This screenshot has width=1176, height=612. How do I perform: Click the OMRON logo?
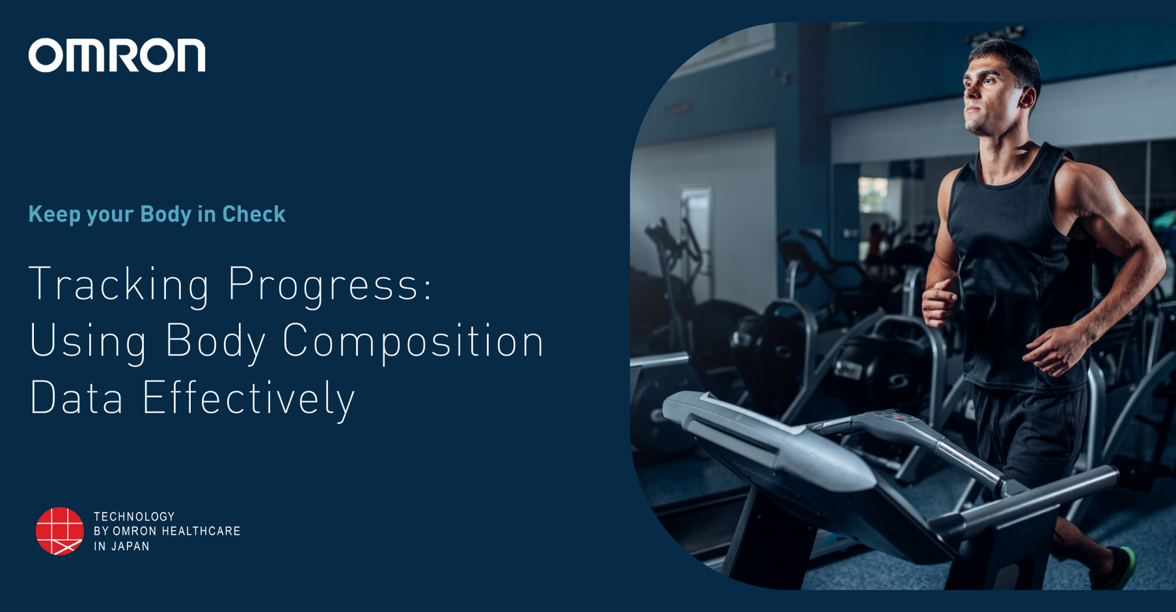[117, 55]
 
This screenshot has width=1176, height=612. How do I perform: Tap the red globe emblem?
[59, 531]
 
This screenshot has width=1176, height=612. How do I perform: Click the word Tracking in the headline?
[119, 285]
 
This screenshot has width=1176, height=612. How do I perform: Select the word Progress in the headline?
[329, 285]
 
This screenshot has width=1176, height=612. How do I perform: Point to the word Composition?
[413, 341]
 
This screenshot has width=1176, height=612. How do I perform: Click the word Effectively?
[248, 397]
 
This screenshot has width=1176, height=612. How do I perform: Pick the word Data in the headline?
[76, 397]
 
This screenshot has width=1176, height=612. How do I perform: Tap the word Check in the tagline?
[253, 214]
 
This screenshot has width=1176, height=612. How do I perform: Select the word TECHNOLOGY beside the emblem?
[134, 516]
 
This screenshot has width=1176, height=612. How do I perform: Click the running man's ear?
[1027, 98]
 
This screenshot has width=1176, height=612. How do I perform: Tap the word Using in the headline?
[88, 341]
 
